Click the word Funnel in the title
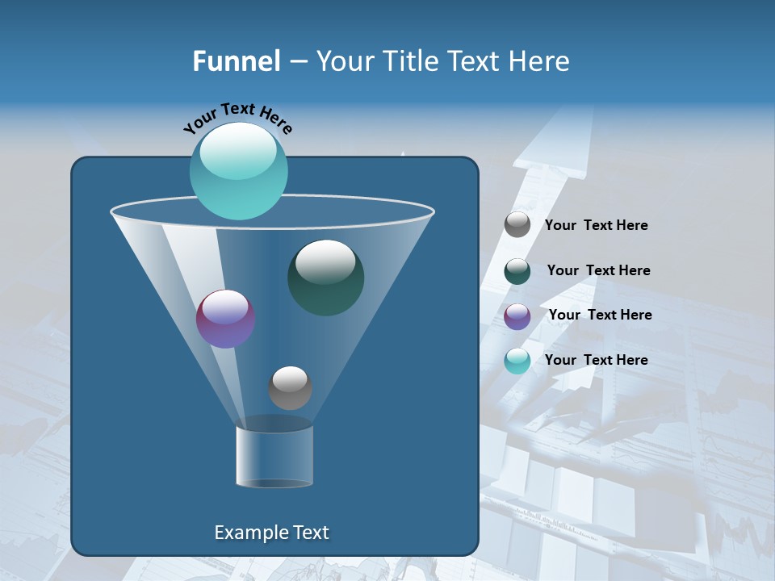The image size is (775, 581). (x=236, y=61)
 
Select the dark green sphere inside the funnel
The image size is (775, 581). (x=325, y=278)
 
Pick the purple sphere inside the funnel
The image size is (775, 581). (x=225, y=319)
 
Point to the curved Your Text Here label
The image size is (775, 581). (x=237, y=116)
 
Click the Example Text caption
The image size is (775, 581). (x=271, y=533)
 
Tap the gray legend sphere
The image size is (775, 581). (x=517, y=224)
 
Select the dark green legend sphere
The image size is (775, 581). (x=517, y=271)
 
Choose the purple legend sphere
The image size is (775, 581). (x=517, y=316)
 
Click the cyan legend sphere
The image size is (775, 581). (x=517, y=361)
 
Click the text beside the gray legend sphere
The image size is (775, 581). (x=596, y=225)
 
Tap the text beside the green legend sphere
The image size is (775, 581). (x=598, y=270)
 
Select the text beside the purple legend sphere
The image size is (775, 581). (x=600, y=315)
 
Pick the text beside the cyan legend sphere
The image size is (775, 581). (x=596, y=360)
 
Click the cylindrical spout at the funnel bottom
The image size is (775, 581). (x=274, y=456)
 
